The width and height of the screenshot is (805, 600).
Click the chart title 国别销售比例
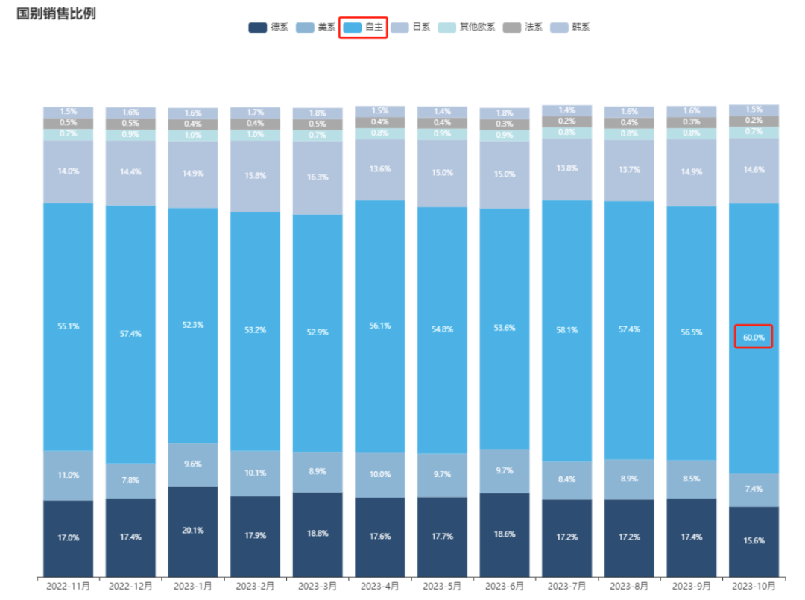click(x=57, y=13)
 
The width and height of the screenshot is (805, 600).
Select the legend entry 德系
click(x=268, y=28)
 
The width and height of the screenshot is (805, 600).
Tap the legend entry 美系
click(x=316, y=28)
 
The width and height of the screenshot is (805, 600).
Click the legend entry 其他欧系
click(x=466, y=28)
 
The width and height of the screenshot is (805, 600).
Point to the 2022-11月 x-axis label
click(x=68, y=586)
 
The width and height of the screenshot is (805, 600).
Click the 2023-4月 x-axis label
click(x=380, y=586)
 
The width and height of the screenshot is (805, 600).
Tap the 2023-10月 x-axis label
click(x=754, y=586)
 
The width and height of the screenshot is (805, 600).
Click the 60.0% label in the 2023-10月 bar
click(x=754, y=337)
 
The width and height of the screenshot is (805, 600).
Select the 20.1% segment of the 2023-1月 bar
click(x=193, y=531)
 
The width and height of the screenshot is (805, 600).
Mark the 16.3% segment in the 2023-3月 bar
click(x=318, y=178)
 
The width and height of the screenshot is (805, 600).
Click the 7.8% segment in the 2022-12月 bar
click(x=130, y=480)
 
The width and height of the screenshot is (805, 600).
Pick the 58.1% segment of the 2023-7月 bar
click(x=567, y=330)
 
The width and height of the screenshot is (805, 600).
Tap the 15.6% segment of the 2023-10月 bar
click(x=754, y=541)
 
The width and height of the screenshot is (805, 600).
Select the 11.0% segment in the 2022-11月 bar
click(x=68, y=475)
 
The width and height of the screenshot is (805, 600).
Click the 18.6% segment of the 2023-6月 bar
click(x=505, y=534)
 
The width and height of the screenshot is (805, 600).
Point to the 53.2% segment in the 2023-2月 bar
click(x=255, y=330)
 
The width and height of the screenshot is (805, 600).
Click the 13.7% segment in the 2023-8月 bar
click(x=629, y=170)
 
